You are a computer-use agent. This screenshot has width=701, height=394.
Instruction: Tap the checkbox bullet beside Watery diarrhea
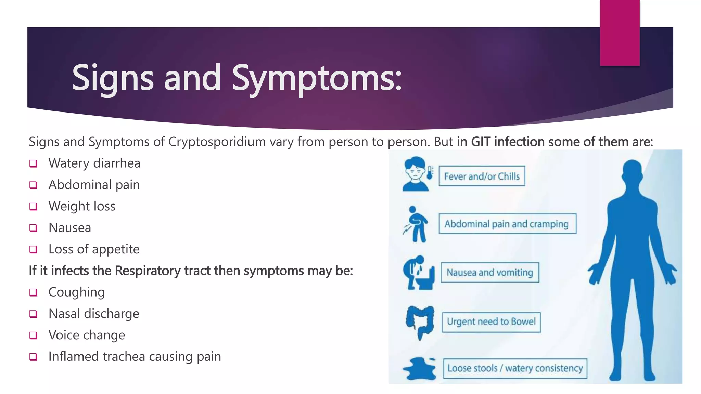33,163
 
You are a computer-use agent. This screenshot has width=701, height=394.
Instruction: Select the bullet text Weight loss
82,206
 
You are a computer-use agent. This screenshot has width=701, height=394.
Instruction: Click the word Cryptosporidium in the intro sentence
217,142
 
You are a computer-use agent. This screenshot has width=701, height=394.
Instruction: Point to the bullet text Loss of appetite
94,249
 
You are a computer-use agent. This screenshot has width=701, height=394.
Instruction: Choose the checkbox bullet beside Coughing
33,292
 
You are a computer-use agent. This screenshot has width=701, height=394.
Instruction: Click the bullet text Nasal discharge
94,314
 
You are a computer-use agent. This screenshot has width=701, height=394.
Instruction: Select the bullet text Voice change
87,335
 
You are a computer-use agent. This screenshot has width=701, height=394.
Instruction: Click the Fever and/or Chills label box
482,176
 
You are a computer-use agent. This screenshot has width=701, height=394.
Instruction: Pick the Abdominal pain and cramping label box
507,224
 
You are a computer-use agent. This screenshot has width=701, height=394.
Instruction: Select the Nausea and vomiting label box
490,273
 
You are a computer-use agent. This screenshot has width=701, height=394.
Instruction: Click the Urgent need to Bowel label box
491,322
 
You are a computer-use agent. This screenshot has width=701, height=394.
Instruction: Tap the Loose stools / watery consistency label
515,368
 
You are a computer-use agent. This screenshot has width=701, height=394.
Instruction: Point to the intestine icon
420,322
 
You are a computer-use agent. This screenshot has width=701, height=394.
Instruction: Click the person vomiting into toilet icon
418,273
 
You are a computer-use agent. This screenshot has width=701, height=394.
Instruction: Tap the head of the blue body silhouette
632,171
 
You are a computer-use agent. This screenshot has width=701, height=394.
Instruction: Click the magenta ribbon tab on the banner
620,32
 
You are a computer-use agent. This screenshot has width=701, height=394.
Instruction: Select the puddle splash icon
420,369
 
